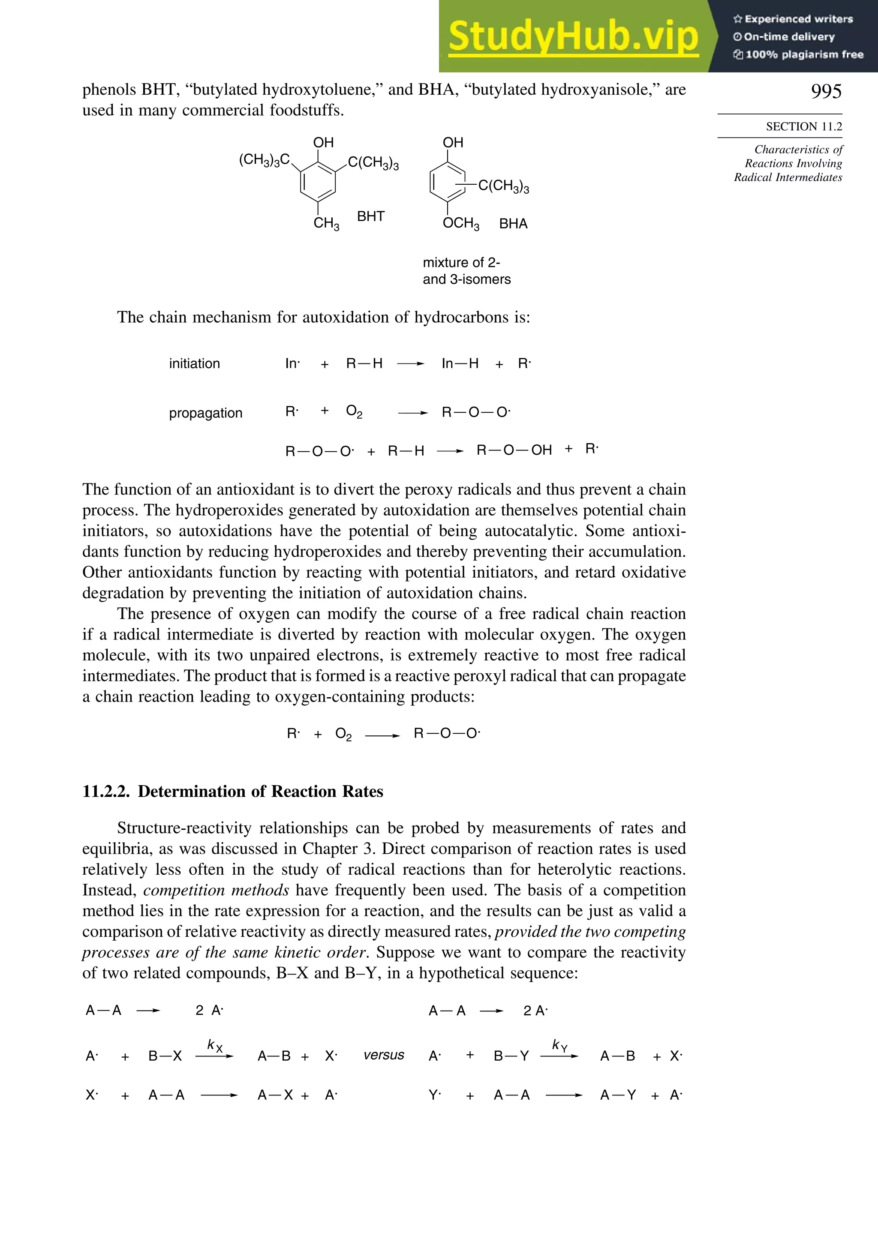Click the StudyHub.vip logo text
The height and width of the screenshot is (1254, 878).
click(573, 36)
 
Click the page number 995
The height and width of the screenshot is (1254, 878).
click(826, 91)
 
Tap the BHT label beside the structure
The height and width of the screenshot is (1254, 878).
click(370, 216)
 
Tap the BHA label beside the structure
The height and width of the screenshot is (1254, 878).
click(513, 223)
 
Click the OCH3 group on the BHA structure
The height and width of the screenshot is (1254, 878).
click(460, 223)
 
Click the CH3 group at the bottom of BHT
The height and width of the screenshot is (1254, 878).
click(326, 223)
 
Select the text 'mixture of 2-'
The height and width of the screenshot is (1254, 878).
click(461, 262)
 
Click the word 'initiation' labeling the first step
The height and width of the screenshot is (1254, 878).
click(195, 364)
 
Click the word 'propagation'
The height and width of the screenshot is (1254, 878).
click(205, 413)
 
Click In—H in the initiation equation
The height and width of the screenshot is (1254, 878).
click(460, 364)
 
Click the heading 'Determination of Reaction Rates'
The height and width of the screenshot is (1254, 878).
click(260, 792)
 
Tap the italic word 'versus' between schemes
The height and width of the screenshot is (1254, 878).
click(384, 1055)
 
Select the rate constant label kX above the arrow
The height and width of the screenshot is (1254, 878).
click(215, 1045)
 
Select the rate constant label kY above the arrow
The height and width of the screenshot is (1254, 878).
click(559, 1045)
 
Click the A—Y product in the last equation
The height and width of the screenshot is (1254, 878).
click(617, 1095)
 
